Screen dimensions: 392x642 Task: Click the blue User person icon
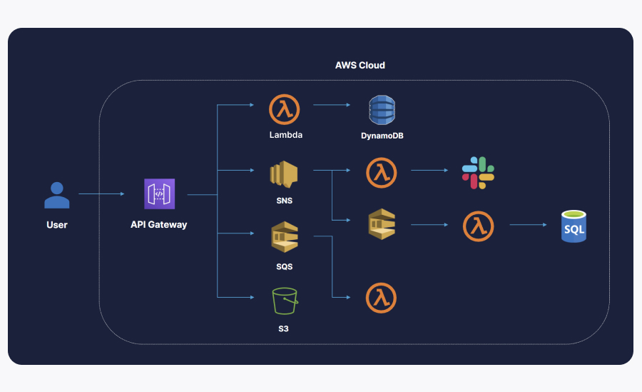click(57, 195)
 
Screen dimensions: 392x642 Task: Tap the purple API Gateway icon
click(159, 194)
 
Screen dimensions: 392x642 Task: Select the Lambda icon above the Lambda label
click(285, 109)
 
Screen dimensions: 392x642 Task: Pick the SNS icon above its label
click(283, 174)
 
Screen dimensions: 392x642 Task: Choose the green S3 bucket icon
click(284, 301)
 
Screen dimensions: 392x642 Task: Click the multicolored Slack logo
click(478, 172)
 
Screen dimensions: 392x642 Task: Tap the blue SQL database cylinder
click(574, 226)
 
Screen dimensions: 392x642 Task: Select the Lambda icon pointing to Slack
click(381, 172)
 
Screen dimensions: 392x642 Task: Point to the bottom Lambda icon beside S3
click(381, 298)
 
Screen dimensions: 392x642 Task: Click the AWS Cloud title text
click(360, 65)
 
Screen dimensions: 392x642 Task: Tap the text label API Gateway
click(158, 224)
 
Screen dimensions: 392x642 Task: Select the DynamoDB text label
click(382, 135)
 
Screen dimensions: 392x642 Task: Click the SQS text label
click(284, 266)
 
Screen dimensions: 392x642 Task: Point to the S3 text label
click(284, 329)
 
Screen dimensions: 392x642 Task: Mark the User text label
click(57, 224)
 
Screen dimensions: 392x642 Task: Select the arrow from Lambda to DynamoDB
click(331, 105)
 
